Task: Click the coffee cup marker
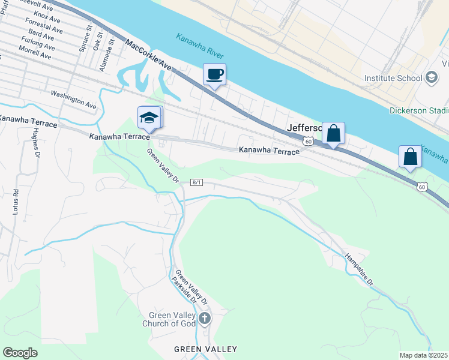click(214, 75)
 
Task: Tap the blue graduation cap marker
click(149, 118)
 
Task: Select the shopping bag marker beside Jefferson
click(333, 134)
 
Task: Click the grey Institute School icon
click(431, 78)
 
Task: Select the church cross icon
click(205, 318)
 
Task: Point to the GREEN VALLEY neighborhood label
click(205, 349)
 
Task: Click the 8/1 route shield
click(197, 182)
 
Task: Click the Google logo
click(20, 353)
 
